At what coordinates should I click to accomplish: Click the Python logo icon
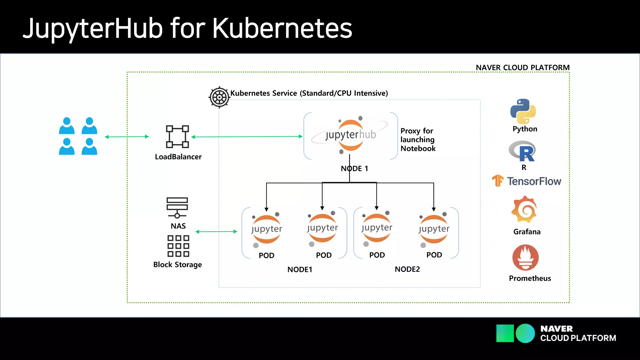click(x=523, y=111)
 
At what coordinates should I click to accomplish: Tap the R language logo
click(x=523, y=151)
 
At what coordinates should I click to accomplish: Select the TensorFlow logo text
click(x=533, y=181)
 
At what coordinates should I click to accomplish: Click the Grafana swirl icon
click(x=524, y=209)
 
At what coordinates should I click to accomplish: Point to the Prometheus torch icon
click(x=525, y=257)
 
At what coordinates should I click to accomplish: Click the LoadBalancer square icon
click(x=177, y=137)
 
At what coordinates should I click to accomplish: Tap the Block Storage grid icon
click(x=178, y=246)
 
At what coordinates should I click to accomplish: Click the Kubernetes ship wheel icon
click(x=219, y=97)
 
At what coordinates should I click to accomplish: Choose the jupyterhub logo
click(x=350, y=135)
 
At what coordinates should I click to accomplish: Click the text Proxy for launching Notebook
click(x=418, y=139)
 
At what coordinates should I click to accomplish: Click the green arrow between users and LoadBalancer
click(x=127, y=137)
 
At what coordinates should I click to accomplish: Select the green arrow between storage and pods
click(x=216, y=232)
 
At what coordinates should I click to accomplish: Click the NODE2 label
click(x=407, y=269)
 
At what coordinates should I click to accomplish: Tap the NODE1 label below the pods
click(x=300, y=269)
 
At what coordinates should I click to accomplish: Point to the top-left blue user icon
click(x=67, y=126)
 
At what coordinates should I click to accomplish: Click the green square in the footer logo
click(x=505, y=333)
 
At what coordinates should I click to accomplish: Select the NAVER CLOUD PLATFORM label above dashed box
click(x=522, y=67)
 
